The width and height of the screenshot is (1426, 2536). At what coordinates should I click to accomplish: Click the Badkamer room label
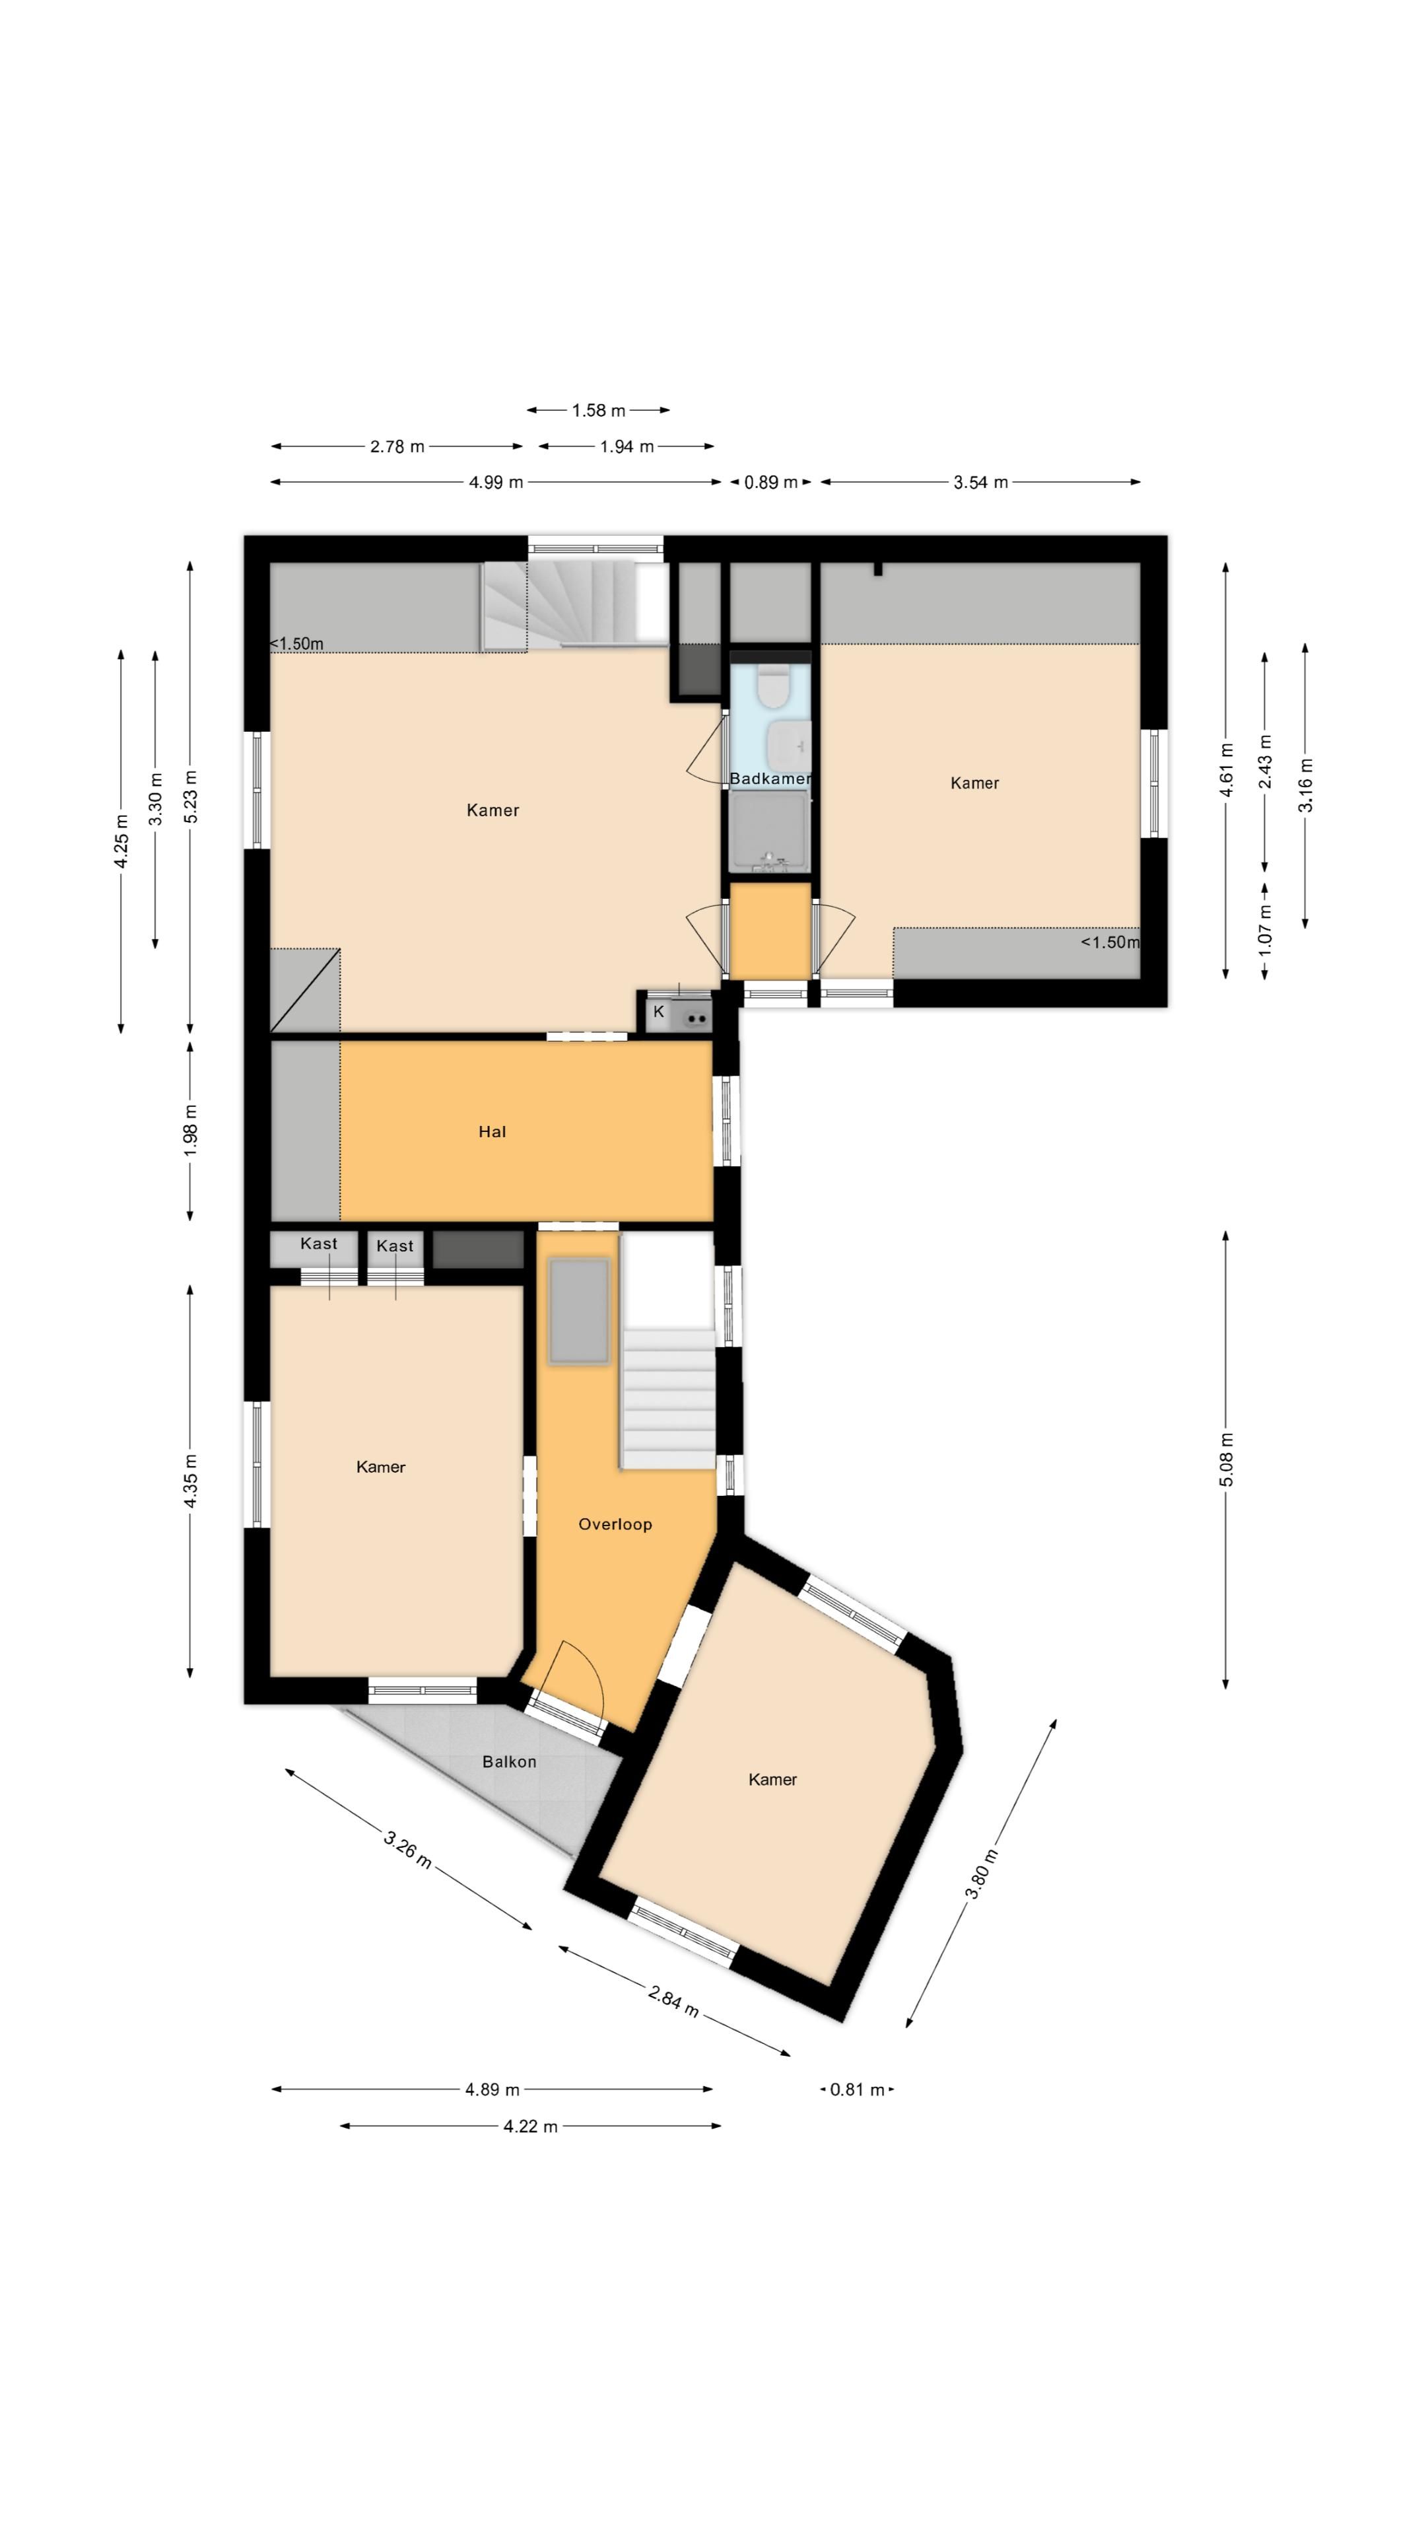[x=770, y=779]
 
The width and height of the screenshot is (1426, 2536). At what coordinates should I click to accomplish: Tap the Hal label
[x=492, y=1132]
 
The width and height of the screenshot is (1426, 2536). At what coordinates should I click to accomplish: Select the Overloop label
[x=615, y=1524]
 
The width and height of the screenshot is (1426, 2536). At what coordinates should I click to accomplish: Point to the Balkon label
[x=509, y=1761]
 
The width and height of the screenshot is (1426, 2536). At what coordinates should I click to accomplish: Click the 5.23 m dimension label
[x=191, y=797]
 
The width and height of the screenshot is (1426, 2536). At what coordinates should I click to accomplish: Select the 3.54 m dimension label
[x=980, y=482]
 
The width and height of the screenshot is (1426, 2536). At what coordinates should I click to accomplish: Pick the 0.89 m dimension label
[x=770, y=482]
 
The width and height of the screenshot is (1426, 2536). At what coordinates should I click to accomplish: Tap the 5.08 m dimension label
[x=1226, y=1460]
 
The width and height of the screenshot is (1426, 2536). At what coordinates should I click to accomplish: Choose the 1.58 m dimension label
[x=598, y=411]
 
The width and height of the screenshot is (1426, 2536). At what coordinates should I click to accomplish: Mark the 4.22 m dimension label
[x=530, y=2127]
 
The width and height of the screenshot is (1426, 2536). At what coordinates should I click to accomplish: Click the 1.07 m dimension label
[x=1266, y=929]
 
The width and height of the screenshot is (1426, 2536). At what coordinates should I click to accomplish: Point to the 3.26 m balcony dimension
[x=407, y=1850]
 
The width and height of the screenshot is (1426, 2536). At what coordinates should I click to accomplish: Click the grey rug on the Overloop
[x=580, y=1312]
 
